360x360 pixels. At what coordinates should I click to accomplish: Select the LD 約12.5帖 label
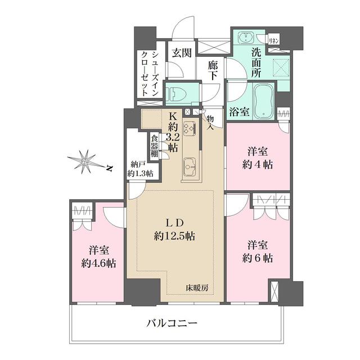174,229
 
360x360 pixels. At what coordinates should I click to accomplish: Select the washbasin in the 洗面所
246,38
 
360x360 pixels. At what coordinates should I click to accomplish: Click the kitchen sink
189,166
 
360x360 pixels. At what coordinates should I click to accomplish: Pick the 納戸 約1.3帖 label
139,169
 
